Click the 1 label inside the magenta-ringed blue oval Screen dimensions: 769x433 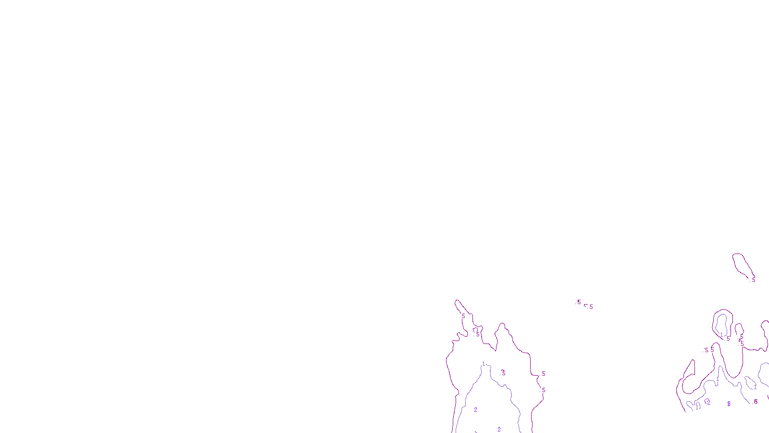721,334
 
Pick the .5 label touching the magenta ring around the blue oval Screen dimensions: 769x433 728,339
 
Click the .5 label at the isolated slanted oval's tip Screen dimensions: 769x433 753,280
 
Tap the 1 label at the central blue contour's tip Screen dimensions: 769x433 484,364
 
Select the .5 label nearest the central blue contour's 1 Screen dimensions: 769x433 503,372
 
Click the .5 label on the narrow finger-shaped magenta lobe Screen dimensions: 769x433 463,316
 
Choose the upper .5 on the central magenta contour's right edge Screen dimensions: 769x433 543,374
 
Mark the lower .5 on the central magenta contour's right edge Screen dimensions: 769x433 543,390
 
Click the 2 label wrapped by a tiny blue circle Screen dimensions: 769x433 708,402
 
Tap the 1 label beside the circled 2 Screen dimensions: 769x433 698,407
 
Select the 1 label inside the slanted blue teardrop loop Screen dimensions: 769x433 755,386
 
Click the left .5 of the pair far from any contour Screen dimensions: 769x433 579,303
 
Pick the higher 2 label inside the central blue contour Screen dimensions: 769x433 475,410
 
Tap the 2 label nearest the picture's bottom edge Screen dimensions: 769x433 499,429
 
